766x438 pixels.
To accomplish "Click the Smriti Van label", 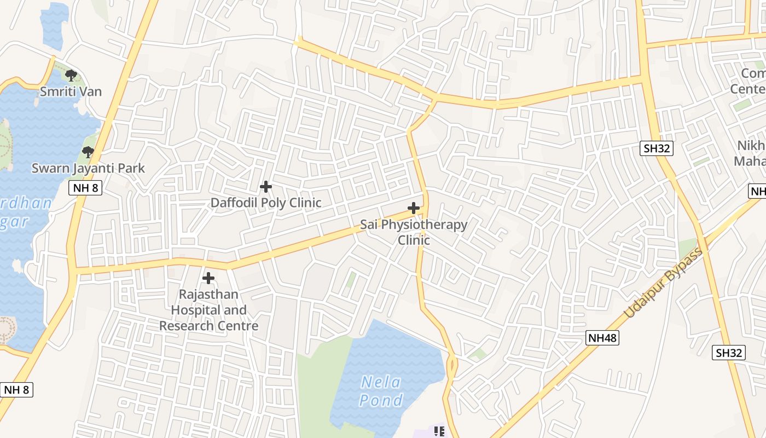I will click(x=71, y=91).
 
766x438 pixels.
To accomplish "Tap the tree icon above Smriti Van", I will click(x=71, y=76).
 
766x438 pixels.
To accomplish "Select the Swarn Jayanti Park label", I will click(x=88, y=168).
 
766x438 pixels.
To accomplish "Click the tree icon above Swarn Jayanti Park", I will click(x=88, y=152).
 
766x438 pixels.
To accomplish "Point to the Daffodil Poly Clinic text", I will click(x=266, y=203).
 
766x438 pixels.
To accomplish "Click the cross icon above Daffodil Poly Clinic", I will click(x=266, y=187).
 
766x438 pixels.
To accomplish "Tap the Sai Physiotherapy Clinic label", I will click(x=414, y=232).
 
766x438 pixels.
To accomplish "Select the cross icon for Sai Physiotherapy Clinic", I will click(x=414, y=208).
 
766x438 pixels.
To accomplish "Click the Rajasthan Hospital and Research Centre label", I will click(x=208, y=310).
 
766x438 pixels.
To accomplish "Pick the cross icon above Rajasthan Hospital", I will click(x=208, y=278).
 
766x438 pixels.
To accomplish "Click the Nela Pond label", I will click(x=381, y=391).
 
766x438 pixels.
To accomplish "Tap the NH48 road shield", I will click(x=602, y=338).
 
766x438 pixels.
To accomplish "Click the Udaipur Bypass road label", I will click(x=663, y=283).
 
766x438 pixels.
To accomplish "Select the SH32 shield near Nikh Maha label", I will click(x=656, y=148).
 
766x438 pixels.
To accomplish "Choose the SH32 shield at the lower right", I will click(x=729, y=353).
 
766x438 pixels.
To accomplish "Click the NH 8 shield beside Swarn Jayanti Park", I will click(x=85, y=188).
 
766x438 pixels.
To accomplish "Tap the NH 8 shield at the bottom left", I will click(x=16, y=390).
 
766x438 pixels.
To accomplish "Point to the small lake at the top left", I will click(x=54, y=25).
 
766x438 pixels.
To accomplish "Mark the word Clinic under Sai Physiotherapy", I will click(x=414, y=240).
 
